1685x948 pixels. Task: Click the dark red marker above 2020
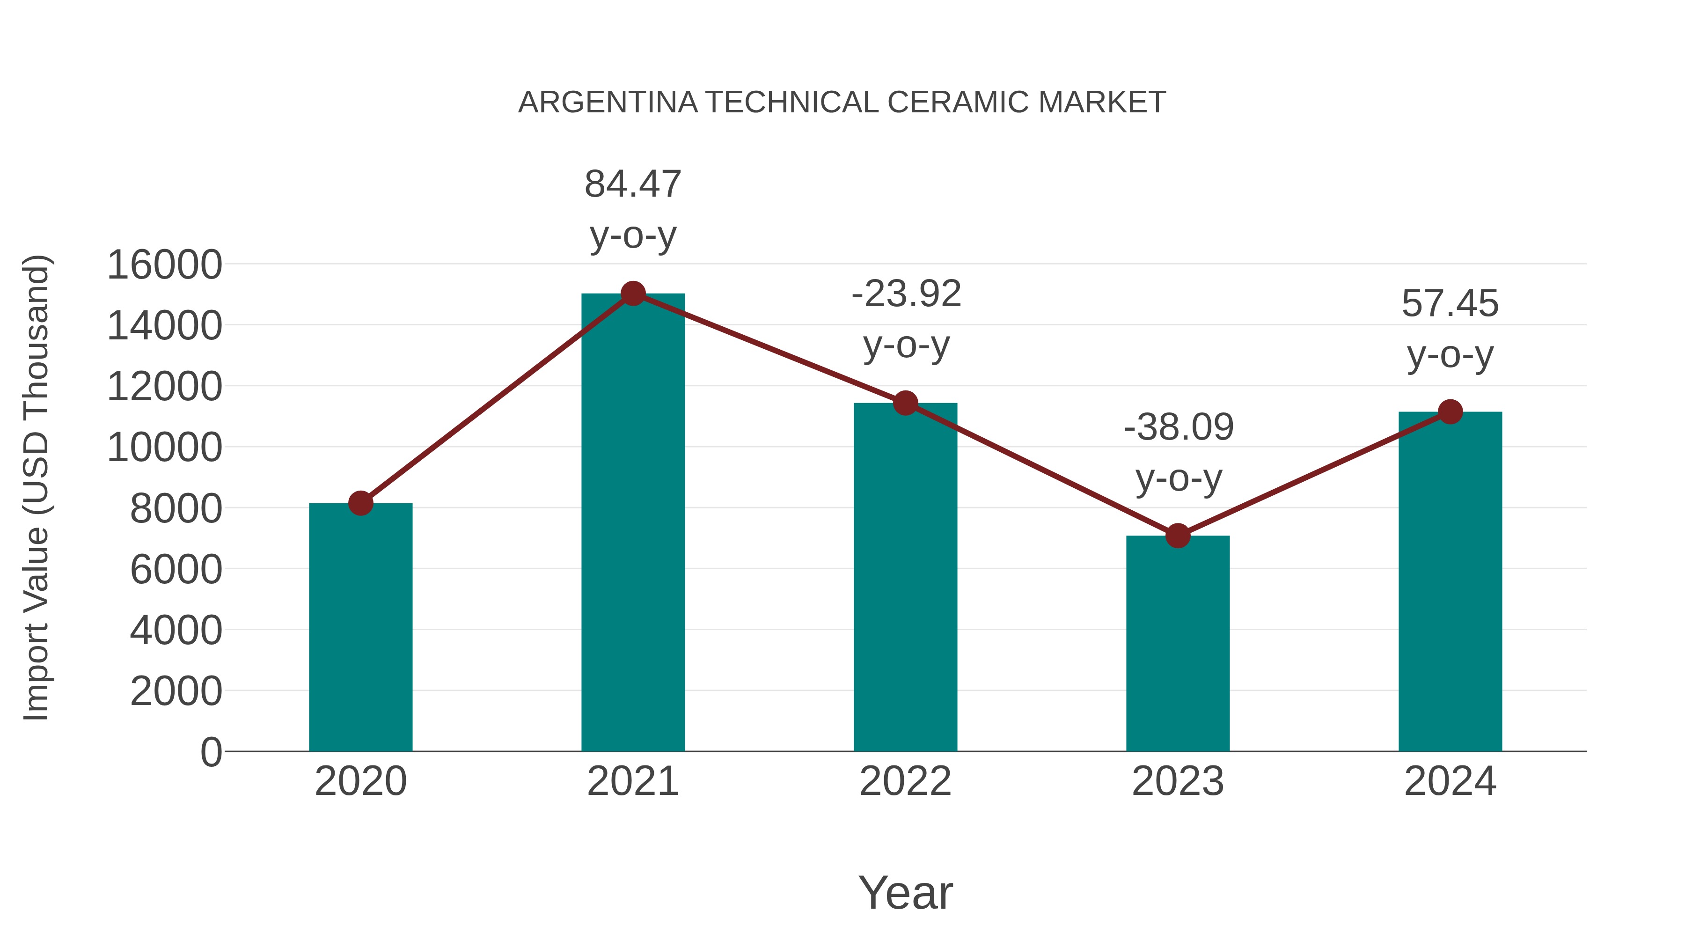point(360,503)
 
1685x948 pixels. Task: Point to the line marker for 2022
point(905,403)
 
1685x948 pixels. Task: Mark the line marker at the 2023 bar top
point(1178,536)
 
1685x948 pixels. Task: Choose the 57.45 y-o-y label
point(1450,329)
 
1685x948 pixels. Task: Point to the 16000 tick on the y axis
point(164,265)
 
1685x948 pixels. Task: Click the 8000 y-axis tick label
point(176,508)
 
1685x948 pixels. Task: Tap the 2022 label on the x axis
point(905,781)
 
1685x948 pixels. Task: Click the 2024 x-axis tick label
point(1450,781)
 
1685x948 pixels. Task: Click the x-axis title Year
point(905,892)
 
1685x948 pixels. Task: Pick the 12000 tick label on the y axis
point(164,387)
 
